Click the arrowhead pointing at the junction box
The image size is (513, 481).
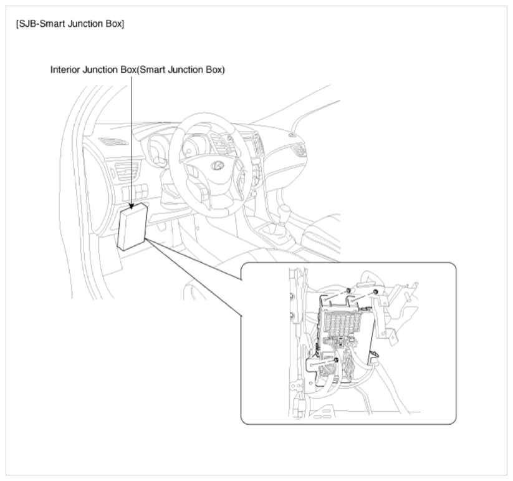pyautogui.click(x=132, y=205)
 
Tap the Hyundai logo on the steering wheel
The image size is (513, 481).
pyautogui.click(x=216, y=165)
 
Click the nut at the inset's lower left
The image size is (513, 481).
pyautogui.click(x=336, y=360)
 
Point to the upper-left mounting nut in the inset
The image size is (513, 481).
pyautogui.click(x=349, y=290)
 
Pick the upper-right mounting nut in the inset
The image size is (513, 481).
pyautogui.click(x=375, y=292)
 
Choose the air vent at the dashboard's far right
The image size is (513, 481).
pyautogui.click(x=300, y=150)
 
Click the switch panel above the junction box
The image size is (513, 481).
pyautogui.click(x=135, y=192)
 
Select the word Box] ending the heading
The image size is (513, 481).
pyautogui.click(x=115, y=24)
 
